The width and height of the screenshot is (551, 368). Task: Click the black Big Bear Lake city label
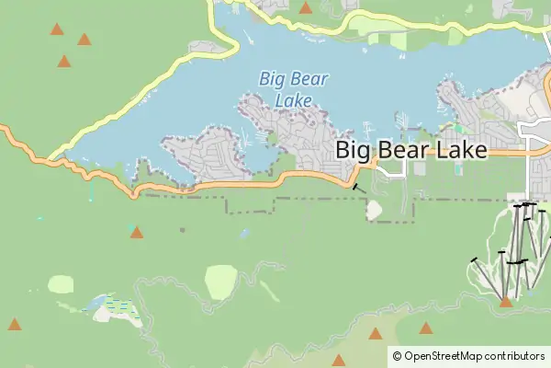(x=410, y=150)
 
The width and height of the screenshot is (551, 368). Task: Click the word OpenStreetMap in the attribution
(x=444, y=356)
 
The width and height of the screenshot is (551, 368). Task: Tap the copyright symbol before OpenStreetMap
(x=397, y=356)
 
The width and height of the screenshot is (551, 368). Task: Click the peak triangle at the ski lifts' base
(x=505, y=301)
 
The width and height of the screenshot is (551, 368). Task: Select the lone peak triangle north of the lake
(x=305, y=8)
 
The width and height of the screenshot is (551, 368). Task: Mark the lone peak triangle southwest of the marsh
(x=15, y=325)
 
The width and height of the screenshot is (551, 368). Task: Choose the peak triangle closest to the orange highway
(x=137, y=232)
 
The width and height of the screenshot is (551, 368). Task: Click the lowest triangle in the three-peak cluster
(x=64, y=62)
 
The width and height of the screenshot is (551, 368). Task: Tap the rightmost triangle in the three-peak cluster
(x=84, y=40)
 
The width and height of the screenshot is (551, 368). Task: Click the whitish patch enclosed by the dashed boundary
(x=374, y=210)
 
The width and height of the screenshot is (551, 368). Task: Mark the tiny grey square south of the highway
(x=182, y=229)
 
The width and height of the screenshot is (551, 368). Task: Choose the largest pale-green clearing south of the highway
(x=221, y=282)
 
